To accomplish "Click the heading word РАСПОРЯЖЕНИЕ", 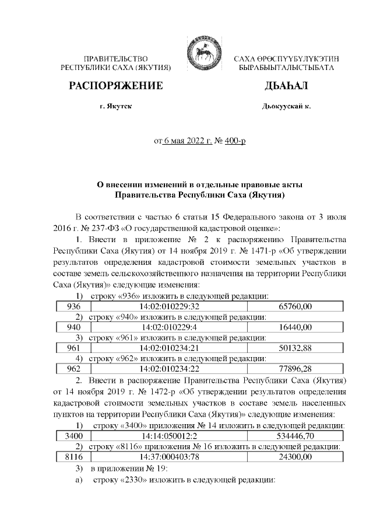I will point(115,86).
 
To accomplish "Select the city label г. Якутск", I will point(115,107).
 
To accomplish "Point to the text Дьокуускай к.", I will point(287,107).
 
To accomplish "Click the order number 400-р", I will point(235,141).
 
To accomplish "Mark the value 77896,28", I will point(296,368).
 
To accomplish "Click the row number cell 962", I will point(74,368).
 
